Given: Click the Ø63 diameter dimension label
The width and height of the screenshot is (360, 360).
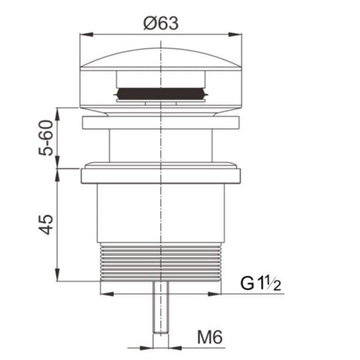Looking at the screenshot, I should [160, 21].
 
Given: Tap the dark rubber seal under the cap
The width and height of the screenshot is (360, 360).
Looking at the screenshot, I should [160, 94].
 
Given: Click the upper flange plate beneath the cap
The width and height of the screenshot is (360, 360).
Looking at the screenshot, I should [160, 123].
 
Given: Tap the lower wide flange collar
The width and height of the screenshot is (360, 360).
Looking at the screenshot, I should [160, 176].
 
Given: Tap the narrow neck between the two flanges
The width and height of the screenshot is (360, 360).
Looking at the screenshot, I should [160, 147].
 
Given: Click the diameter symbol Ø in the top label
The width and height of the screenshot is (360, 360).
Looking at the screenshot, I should [147, 21].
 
